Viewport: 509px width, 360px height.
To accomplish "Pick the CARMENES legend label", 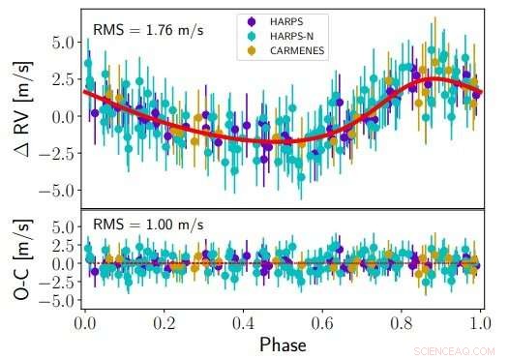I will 298,50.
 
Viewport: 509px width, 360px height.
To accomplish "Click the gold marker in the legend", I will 253,50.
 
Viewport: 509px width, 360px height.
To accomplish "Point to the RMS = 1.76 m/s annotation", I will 147,30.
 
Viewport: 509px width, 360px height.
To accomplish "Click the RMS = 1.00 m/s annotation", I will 147,225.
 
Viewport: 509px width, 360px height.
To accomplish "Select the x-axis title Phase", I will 283,344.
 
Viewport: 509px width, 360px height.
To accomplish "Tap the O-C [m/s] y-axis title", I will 18,263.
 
